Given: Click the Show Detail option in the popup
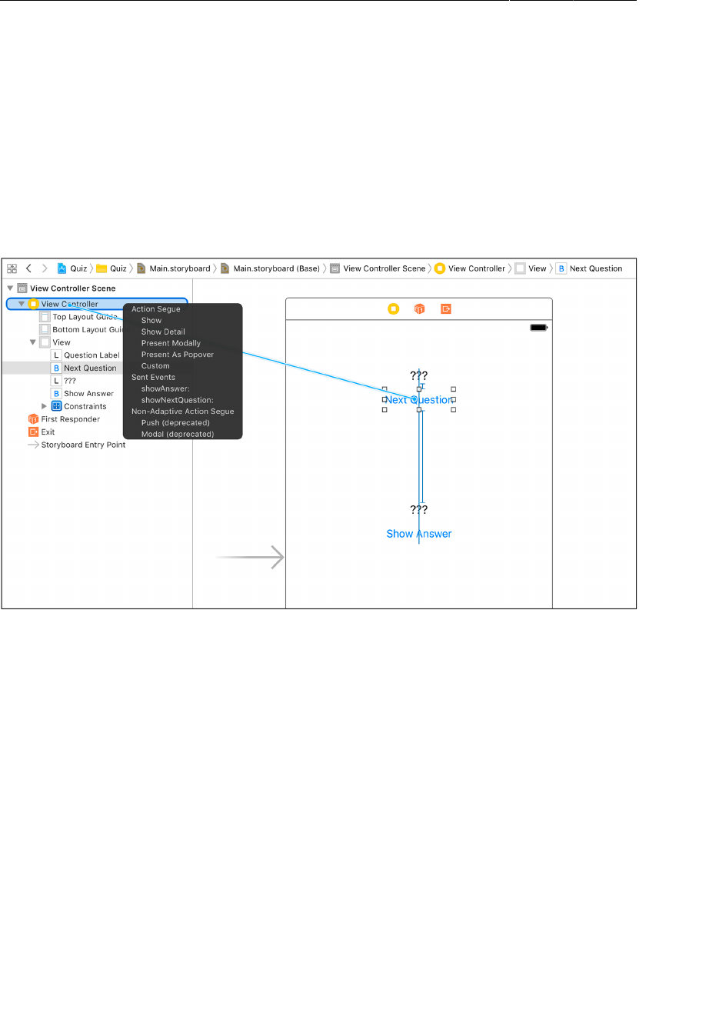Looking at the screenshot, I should [163, 332].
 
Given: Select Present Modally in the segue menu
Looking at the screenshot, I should [171, 343].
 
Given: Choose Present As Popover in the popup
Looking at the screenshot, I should [177, 355].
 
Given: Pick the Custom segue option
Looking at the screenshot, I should [155, 366].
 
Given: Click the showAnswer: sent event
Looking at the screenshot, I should [165, 388].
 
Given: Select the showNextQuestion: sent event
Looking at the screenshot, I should [177, 400].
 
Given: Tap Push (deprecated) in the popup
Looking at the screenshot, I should [175, 423].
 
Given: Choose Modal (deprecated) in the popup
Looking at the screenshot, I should [177, 435].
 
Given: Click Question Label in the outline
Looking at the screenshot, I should [92, 355].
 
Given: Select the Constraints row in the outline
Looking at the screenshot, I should [85, 406].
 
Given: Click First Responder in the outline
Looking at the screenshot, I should [70, 419].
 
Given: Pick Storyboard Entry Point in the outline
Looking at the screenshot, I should [83, 445].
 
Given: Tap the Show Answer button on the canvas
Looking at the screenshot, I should [418, 534].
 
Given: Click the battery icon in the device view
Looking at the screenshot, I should [538, 328].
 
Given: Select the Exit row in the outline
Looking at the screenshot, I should [48, 432].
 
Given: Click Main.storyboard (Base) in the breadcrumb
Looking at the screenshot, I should [276, 268].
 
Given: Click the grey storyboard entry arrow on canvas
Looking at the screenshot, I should [251, 557].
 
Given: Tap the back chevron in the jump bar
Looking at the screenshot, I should [28, 268].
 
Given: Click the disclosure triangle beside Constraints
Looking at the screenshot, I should [44, 406].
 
